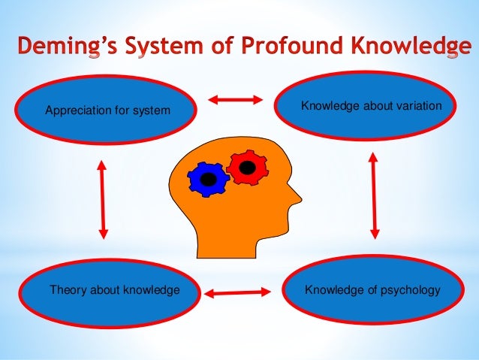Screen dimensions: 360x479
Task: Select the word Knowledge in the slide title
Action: tap(408, 47)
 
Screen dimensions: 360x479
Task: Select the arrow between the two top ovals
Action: tap(234, 99)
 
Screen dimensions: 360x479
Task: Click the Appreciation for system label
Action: tap(108, 112)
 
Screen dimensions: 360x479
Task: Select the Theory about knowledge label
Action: tap(114, 289)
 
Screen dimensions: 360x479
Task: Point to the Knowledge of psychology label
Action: tap(372, 289)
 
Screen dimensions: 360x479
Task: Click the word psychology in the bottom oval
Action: tap(411, 290)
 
